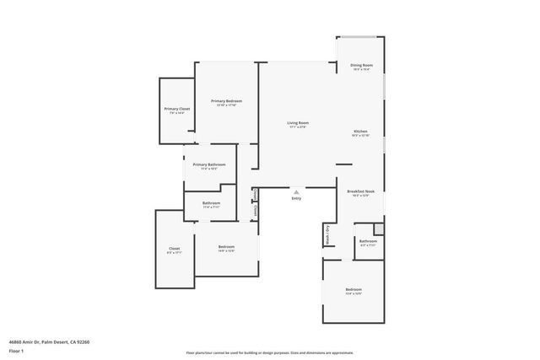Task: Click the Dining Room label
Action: click(362, 65)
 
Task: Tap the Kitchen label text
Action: click(360, 132)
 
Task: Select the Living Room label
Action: click(297, 123)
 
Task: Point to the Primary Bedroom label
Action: click(226, 101)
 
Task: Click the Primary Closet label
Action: click(176, 109)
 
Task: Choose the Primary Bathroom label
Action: click(208, 164)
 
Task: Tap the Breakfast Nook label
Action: click(360, 192)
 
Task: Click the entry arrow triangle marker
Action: click(296, 191)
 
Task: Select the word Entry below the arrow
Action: click(296, 198)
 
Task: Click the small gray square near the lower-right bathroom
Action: click(379, 228)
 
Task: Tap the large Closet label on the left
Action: click(174, 249)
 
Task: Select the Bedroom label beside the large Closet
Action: click(226, 246)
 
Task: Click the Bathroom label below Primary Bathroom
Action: click(211, 203)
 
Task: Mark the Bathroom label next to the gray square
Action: click(368, 241)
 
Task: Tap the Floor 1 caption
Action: click(16, 350)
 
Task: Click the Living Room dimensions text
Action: click(297, 127)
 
